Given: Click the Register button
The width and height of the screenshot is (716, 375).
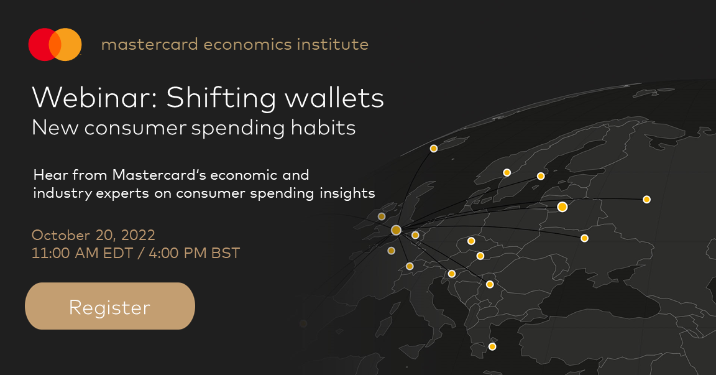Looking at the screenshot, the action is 109,306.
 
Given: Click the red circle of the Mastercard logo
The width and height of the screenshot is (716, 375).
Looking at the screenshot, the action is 40,44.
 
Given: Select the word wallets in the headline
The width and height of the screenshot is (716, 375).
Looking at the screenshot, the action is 334,98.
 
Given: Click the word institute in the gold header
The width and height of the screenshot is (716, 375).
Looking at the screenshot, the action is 333,44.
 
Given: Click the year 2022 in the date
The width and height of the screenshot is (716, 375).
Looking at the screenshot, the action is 138,235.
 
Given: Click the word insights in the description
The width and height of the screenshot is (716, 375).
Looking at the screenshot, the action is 347,193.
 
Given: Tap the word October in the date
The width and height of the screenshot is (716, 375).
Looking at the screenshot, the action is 61,235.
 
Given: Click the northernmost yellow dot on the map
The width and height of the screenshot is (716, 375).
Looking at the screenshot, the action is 434,149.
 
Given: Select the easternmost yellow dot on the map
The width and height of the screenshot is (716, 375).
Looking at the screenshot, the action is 646,200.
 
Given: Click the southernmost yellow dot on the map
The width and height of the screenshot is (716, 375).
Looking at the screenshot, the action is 492,346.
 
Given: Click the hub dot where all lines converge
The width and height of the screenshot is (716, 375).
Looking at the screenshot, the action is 397,230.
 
